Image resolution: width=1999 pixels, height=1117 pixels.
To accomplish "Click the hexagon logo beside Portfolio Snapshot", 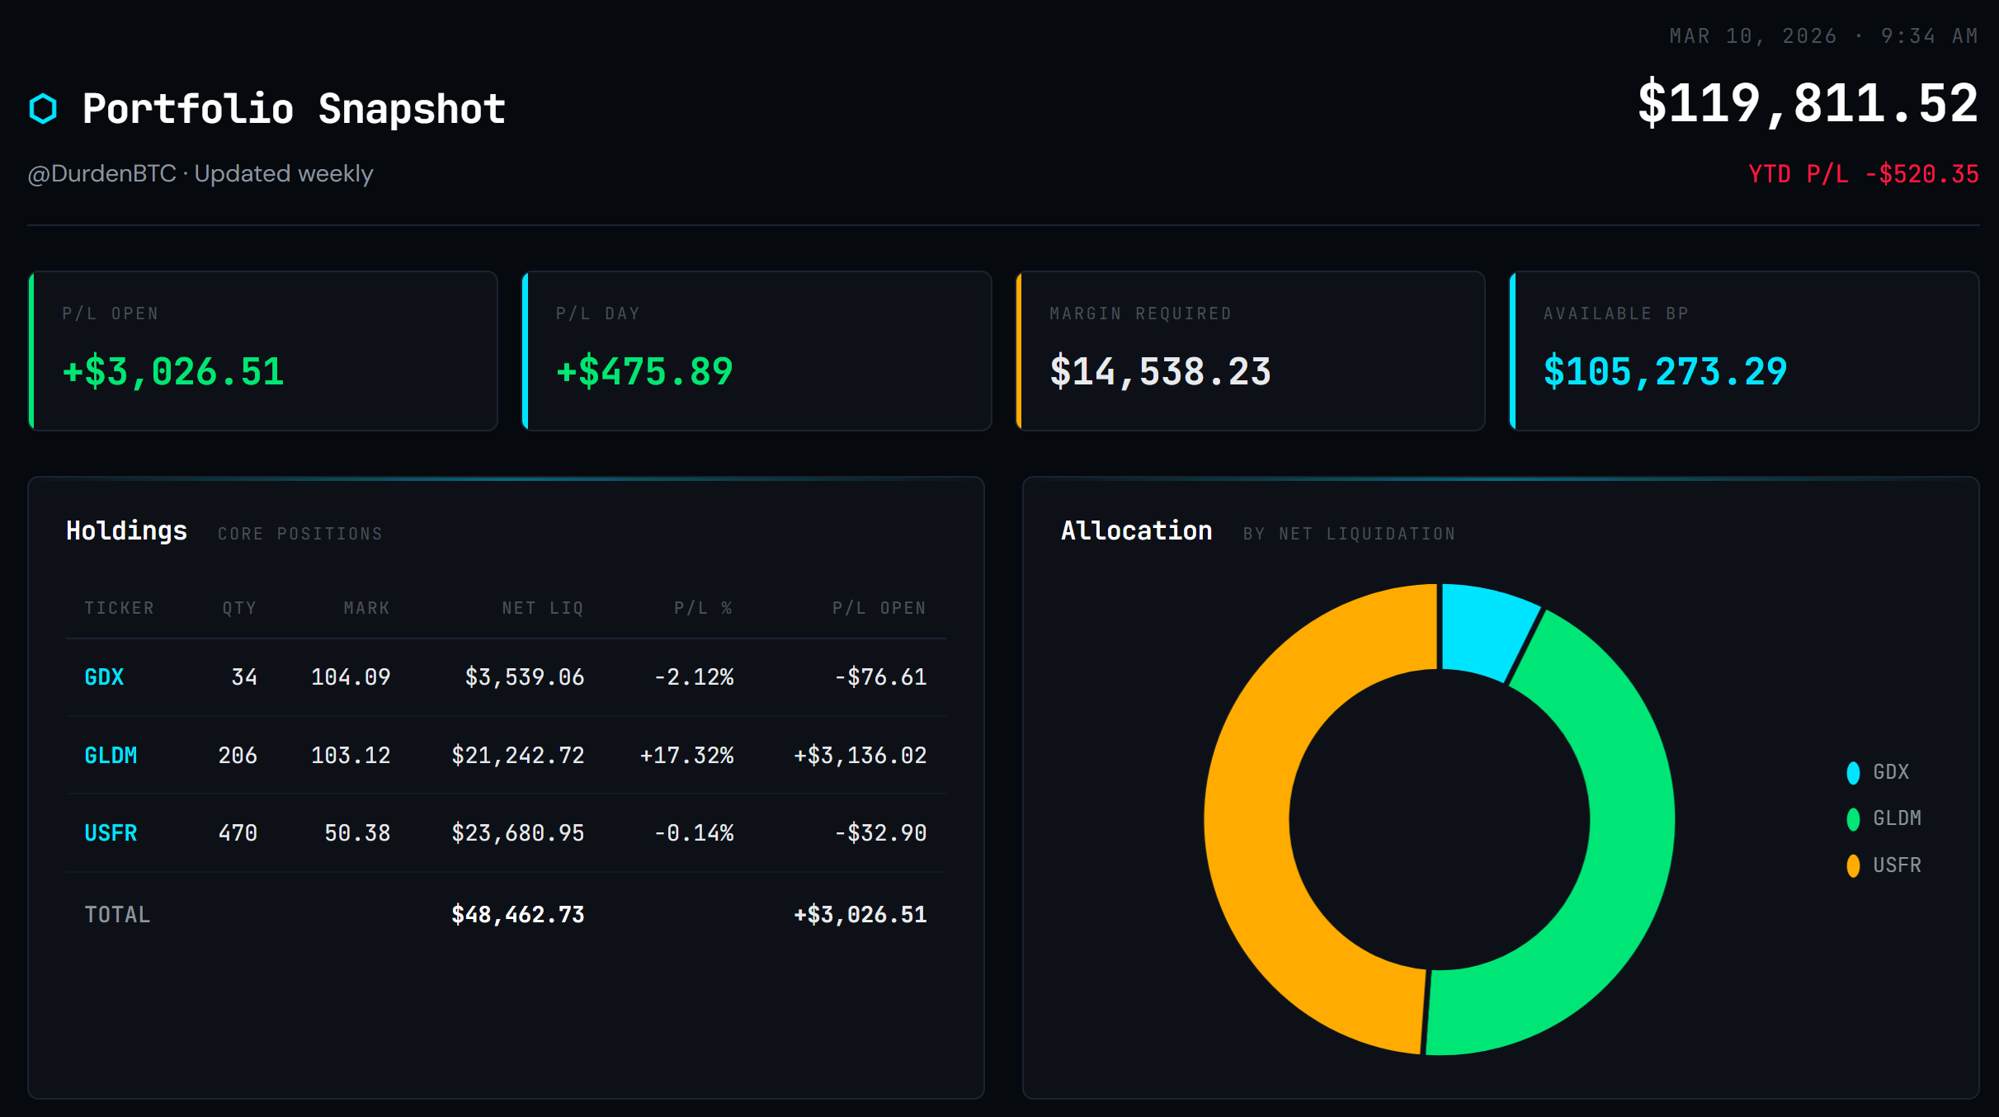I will (43, 109).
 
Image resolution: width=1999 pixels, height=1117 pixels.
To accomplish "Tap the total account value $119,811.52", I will (1807, 105).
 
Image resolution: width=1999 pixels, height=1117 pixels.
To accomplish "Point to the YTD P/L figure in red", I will (1863, 174).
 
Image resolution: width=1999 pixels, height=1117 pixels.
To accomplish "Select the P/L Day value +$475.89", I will (644, 372).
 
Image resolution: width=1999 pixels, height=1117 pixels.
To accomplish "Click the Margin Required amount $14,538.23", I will (1159, 372).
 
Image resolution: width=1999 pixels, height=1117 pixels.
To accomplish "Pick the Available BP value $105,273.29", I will (1664, 372).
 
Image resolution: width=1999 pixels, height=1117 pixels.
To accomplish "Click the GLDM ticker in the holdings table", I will (111, 756).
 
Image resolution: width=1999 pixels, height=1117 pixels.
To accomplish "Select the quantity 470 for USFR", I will (238, 833).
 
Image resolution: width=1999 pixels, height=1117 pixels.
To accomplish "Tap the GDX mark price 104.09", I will (350, 677).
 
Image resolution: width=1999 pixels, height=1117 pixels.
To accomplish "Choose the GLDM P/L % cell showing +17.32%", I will (686, 756).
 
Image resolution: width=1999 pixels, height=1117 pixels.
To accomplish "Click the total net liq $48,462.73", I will (517, 915).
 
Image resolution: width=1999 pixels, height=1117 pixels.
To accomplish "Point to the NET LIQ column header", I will (542, 609).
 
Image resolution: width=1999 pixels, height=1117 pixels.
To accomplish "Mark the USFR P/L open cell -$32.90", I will (880, 833).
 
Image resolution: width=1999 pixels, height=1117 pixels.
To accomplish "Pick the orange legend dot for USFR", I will (1853, 865).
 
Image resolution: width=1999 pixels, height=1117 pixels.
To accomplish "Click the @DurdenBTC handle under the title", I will (102, 174).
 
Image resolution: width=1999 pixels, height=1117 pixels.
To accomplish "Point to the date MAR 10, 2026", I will (1752, 36).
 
